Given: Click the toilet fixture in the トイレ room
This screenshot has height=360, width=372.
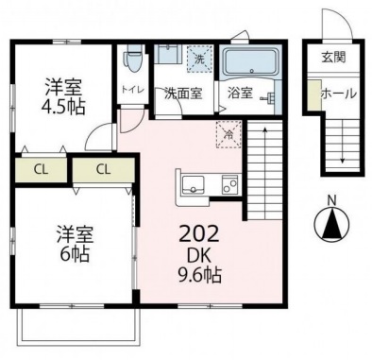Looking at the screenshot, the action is pyautogui.click(x=133, y=59).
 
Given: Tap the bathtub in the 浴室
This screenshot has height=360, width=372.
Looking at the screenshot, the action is pyautogui.click(x=251, y=61).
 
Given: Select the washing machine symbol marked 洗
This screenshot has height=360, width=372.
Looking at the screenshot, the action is pyautogui.click(x=199, y=59).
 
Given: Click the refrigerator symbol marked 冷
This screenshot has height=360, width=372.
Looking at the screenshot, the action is pyautogui.click(x=228, y=134).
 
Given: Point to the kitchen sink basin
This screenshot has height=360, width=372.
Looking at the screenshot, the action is pyautogui.click(x=194, y=184).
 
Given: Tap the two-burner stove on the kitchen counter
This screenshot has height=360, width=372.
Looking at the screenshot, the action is pyautogui.click(x=231, y=183).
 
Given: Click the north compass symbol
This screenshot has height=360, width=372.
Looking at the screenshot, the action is pyautogui.click(x=332, y=223).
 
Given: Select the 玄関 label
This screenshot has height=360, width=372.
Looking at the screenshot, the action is pyautogui.click(x=333, y=57).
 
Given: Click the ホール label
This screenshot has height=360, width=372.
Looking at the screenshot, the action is pyautogui.click(x=339, y=94).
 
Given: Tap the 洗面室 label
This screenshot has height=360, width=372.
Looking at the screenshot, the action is pyautogui.click(x=183, y=94).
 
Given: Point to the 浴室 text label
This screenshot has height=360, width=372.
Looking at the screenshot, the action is pyautogui.click(x=240, y=93).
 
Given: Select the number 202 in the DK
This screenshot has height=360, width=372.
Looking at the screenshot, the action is pyautogui.click(x=198, y=234).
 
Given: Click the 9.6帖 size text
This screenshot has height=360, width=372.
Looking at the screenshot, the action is pyautogui.click(x=200, y=275).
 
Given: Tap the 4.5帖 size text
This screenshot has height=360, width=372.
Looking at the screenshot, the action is pyautogui.click(x=63, y=106).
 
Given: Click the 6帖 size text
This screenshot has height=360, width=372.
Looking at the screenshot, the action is pyautogui.click(x=75, y=254).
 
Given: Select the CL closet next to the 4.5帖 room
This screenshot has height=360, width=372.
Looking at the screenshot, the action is pyautogui.click(x=41, y=169).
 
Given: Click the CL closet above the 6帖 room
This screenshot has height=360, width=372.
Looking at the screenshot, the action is pyautogui.click(x=104, y=169).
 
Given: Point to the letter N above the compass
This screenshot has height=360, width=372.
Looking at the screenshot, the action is pyautogui.click(x=331, y=200).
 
